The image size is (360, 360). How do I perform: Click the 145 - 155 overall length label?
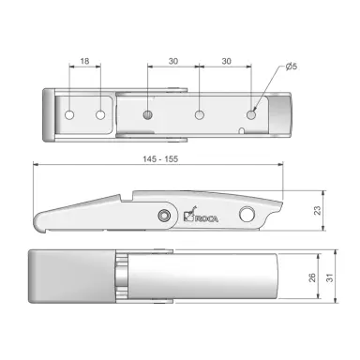click(x=157, y=159)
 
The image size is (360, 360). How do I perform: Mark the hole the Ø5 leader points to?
click(x=250, y=114)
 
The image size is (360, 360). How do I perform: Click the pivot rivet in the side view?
click(x=164, y=216)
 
